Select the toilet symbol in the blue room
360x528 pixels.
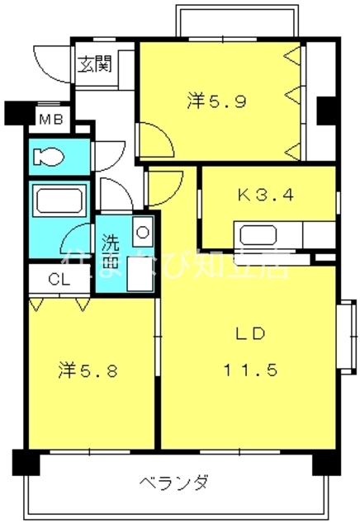coord(50,156)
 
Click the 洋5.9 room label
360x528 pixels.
coord(214,101)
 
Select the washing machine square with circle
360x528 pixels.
coord(142,232)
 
